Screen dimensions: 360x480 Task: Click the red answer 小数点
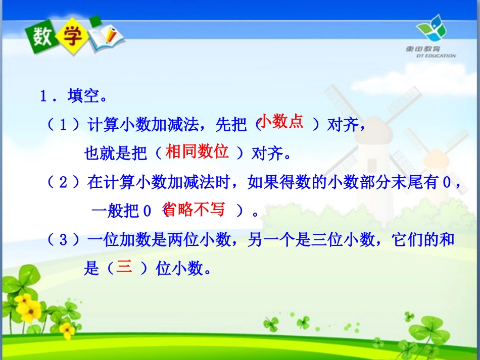click(x=280, y=122)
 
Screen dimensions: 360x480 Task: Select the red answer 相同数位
click(x=197, y=151)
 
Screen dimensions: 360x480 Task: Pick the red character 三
click(x=124, y=267)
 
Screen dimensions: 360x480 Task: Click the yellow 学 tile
click(x=69, y=36)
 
